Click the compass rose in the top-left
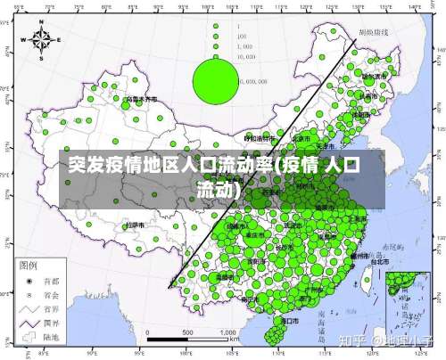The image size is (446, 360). coord(42,40)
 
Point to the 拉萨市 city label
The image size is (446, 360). coord(136,225)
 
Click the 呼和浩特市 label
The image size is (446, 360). coord(260,139)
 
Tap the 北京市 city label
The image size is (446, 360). coord(302,139)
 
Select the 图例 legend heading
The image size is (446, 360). coord(29,266)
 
